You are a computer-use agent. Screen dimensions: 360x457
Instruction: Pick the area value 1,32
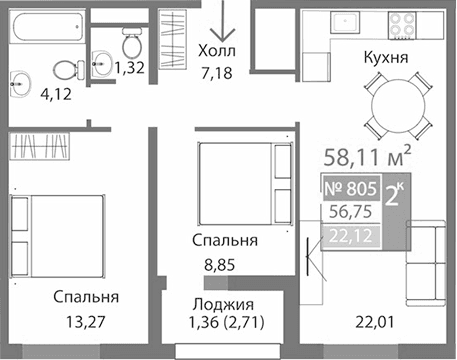[x=129, y=68]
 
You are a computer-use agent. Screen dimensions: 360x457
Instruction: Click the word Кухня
[x=385, y=58]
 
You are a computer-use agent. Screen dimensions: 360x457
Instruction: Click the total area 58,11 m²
[x=369, y=155]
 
